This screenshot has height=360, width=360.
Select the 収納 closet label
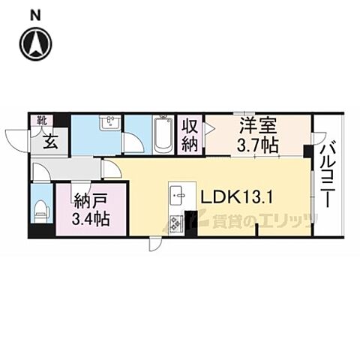[190, 134]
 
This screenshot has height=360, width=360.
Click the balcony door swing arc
[318, 138]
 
